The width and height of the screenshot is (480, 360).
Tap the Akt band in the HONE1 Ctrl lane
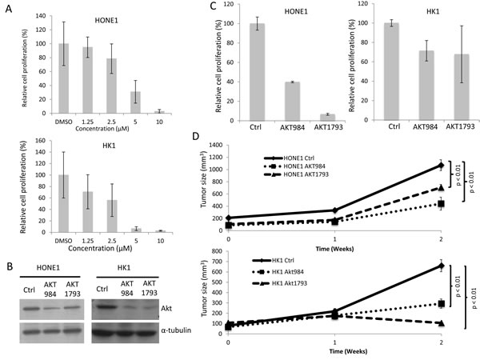tap(31, 306)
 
